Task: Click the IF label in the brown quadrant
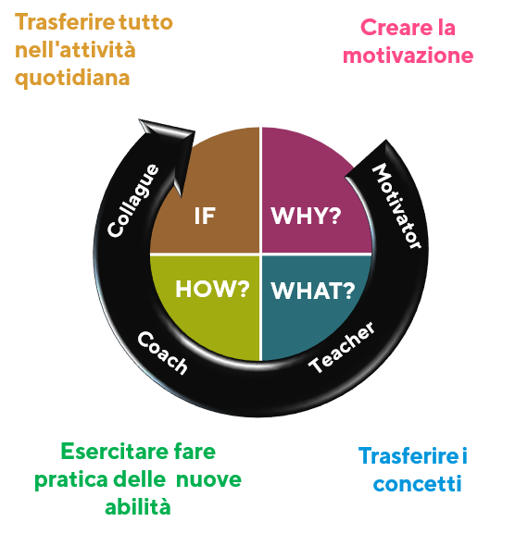point(205,216)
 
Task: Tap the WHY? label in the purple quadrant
point(306,216)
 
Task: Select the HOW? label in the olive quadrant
point(212,289)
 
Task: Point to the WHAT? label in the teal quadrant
point(312,291)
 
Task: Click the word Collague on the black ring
point(133,201)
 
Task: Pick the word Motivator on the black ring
point(396,205)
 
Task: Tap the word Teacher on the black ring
point(342,347)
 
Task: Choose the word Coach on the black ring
point(163,353)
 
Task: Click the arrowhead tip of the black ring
point(139,119)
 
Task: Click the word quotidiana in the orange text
point(72,79)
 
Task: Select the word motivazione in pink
point(408,56)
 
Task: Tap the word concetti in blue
point(417,484)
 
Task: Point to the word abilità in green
point(138,507)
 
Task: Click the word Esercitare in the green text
point(114,452)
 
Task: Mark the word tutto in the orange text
point(145,22)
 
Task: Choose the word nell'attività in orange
point(75,50)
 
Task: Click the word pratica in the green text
point(71,480)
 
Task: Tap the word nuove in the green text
point(208,479)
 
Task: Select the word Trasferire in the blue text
point(409,455)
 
